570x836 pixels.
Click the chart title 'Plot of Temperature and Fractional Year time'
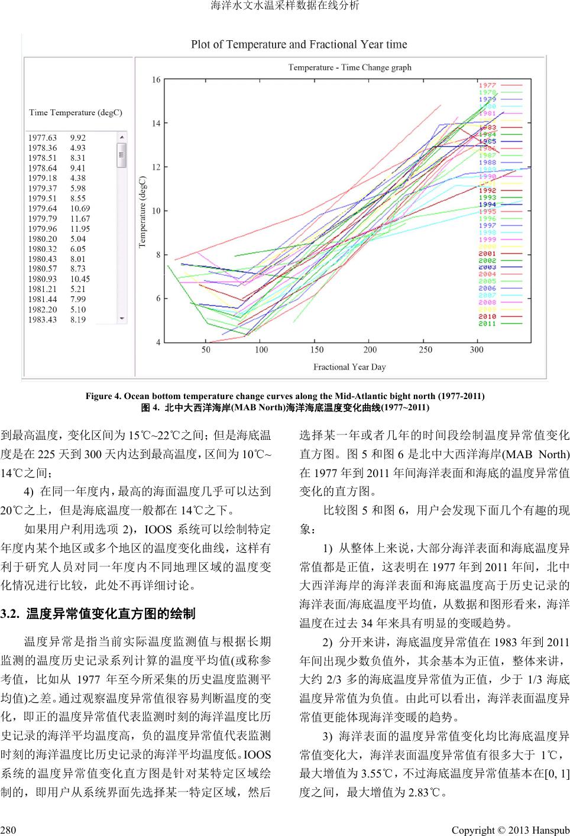tap(299, 44)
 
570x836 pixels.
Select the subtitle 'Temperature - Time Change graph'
tap(349, 67)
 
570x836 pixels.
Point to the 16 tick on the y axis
tap(156, 80)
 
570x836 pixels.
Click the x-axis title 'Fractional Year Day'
tap(349, 367)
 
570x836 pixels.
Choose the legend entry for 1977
tap(487, 86)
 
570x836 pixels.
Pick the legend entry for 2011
tap(487, 324)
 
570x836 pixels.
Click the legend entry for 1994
tap(487, 205)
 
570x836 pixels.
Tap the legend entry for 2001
tap(487, 254)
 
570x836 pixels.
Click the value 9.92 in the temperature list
tap(78, 138)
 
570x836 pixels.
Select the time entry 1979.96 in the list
tap(43, 229)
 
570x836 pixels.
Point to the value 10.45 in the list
tap(80, 279)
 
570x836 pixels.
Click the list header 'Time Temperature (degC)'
tap(76, 112)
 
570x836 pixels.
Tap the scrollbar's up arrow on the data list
tap(122, 137)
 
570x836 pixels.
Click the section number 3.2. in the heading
tap(11, 614)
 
